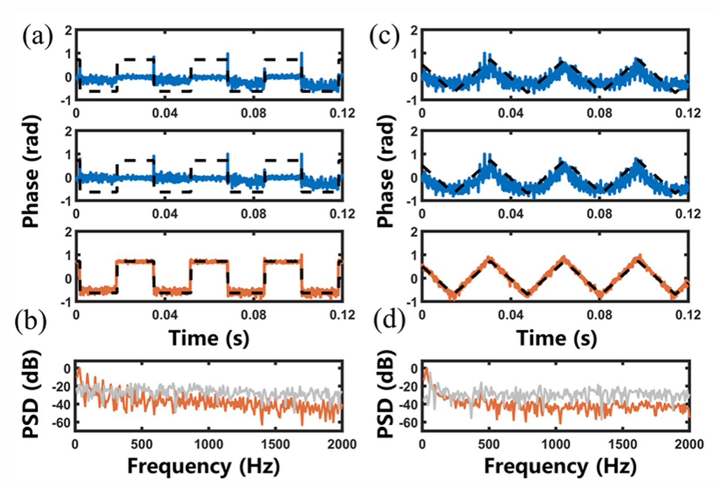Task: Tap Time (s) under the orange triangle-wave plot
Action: coord(555,339)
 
